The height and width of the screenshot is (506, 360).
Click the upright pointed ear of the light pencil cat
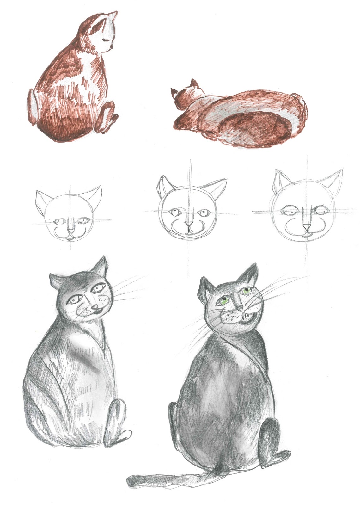click(101, 267)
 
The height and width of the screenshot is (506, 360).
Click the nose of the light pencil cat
click(95, 307)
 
